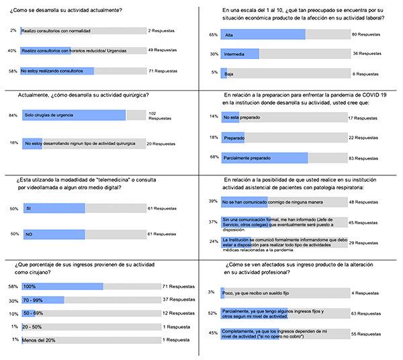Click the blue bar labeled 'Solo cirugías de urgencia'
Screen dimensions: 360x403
[74, 116]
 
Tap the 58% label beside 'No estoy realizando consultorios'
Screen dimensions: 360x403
[12, 70]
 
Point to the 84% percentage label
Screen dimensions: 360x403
[12, 116]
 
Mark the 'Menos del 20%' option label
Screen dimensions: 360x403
[40, 339]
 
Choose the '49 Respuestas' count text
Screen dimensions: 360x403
[166, 50]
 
